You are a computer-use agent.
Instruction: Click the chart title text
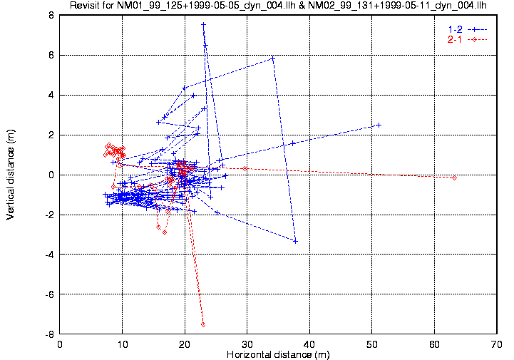[278, 6]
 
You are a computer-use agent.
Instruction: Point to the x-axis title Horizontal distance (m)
[278, 354]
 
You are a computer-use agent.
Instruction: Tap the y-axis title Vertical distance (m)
[11, 175]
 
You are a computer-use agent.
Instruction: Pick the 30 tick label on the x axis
[247, 344]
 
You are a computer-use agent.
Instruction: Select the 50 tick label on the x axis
[371, 344]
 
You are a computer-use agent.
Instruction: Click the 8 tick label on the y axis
[52, 15]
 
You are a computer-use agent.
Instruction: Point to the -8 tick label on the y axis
[50, 334]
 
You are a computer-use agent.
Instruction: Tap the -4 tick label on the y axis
[50, 254]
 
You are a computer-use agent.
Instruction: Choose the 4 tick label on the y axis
[52, 95]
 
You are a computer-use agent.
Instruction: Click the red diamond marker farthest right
[454, 178]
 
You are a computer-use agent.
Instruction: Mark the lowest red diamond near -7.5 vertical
[203, 324]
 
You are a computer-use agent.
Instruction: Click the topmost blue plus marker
[203, 24]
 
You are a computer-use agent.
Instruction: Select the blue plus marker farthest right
[379, 125]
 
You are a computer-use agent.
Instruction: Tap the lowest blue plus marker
[294, 241]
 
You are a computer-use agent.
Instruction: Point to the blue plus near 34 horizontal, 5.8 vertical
[273, 58]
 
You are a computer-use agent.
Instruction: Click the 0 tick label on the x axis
[60, 344]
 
